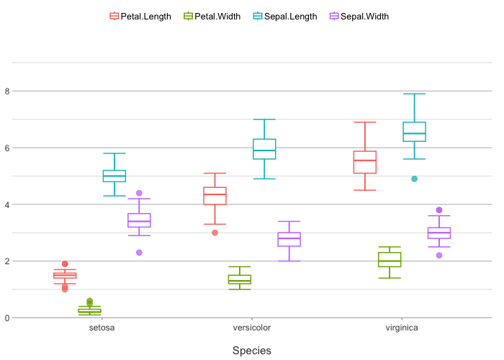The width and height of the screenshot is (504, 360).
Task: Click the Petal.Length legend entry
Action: (140, 17)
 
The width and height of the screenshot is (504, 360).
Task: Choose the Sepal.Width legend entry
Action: (359, 17)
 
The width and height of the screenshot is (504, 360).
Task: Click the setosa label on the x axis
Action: (102, 328)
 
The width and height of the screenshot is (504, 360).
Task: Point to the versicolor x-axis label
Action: (252, 328)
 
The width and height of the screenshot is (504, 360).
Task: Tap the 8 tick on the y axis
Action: (7, 91)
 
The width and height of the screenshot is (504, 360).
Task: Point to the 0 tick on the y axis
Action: (7, 318)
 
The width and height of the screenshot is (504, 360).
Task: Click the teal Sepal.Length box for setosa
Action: (114, 176)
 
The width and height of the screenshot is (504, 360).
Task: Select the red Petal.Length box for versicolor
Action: (215, 196)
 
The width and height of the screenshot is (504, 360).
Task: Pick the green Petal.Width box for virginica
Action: (390, 259)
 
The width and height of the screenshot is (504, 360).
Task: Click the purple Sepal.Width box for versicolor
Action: (289, 239)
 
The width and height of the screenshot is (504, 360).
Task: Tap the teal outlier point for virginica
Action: (414, 179)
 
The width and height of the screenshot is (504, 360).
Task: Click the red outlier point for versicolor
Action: (215, 233)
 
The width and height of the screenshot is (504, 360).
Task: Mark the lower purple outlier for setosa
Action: (139, 253)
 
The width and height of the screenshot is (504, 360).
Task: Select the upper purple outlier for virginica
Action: (439, 210)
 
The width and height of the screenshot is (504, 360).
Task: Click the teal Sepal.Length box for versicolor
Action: (264, 149)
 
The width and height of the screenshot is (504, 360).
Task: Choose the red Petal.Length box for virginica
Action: (364, 162)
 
